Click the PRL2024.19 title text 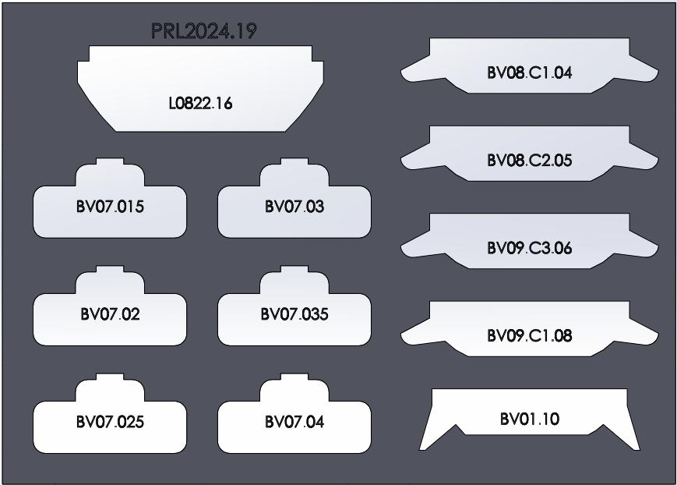pos(204,33)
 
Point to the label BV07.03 pos(294,207)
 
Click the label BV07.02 pos(110,315)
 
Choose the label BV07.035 pos(294,315)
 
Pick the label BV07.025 pos(110,423)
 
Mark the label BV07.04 pos(294,423)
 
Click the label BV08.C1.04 pos(530,73)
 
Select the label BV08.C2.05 pos(530,161)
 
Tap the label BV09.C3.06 pos(530,248)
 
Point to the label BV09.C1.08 pos(530,336)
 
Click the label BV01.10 pos(530,420)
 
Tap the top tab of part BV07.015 pos(110,165)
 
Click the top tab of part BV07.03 pos(294,165)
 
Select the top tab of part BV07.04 pos(294,381)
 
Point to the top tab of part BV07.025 pos(110,381)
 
